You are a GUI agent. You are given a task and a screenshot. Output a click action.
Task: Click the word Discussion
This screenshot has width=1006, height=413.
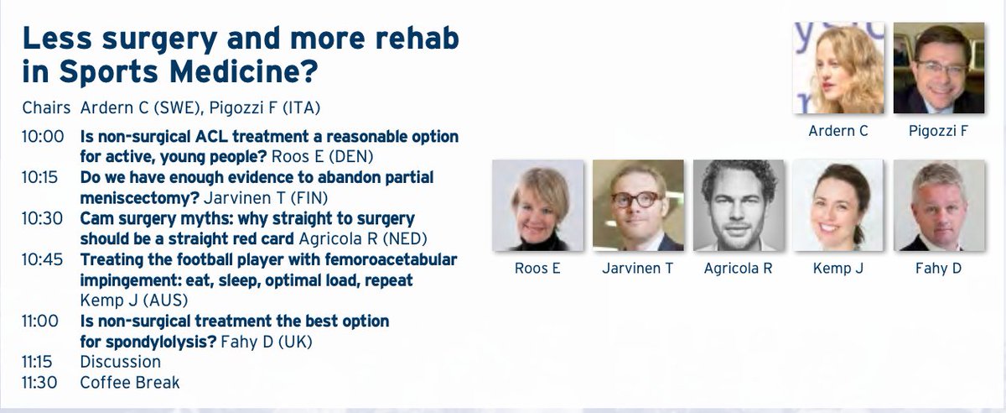(120, 363)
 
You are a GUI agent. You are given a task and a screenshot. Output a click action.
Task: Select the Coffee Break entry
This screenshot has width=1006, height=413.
(129, 383)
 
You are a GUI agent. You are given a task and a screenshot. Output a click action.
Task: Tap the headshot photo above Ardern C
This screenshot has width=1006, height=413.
(838, 69)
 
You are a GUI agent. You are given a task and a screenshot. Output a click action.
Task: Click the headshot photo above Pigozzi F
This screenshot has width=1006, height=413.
(940, 69)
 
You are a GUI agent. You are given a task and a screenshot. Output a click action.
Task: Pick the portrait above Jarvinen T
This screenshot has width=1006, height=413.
(638, 206)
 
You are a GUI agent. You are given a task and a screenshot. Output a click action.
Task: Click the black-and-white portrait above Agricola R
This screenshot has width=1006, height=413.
(739, 206)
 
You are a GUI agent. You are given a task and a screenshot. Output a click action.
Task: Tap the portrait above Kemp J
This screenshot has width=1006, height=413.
(838, 206)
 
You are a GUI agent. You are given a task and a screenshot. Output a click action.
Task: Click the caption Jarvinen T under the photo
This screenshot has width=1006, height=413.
(638, 269)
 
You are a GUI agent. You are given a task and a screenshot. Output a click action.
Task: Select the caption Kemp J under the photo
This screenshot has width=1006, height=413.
(838, 269)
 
